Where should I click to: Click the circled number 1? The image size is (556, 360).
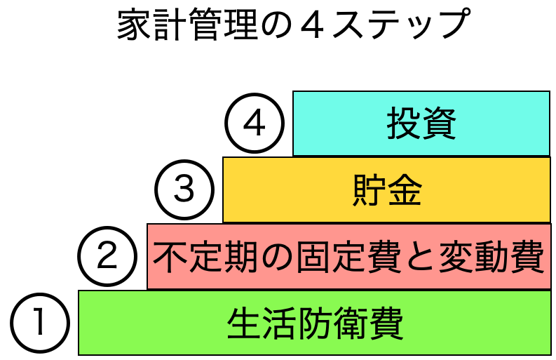coord(40,324)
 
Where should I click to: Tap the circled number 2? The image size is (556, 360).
coord(107,256)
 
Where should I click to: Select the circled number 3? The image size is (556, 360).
coord(184,190)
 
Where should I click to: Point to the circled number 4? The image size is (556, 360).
coord(255,124)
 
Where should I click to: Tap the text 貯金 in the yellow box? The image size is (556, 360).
coord(386,190)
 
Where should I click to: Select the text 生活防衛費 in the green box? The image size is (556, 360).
coord(315,324)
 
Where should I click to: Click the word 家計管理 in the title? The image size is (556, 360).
coord(183,27)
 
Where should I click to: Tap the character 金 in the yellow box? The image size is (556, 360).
coord(405,190)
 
